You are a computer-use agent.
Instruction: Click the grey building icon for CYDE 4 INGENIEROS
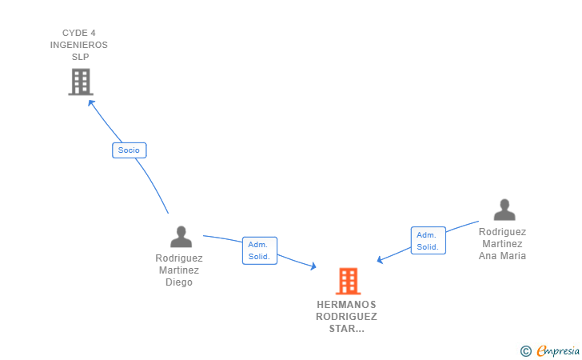tap(80, 82)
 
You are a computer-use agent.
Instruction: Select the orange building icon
tap(347, 281)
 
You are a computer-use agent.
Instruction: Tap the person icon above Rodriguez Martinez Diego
tap(181, 237)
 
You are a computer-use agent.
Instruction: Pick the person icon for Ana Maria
tap(504, 210)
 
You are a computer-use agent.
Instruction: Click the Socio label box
tap(129, 150)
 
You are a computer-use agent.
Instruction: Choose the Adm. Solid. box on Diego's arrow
tap(259, 250)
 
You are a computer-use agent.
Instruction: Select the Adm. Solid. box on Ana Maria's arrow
tap(428, 241)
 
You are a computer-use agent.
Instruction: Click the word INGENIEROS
tap(78, 45)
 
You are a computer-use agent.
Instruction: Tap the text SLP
tap(80, 57)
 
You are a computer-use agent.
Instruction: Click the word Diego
tap(179, 282)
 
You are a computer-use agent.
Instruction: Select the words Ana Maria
tap(502, 256)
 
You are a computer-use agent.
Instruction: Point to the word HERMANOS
tap(346, 305)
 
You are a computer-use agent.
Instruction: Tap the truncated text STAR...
tap(346, 329)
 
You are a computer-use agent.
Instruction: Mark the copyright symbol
tap(525, 350)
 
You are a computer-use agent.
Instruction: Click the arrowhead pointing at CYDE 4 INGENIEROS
tap(90, 101)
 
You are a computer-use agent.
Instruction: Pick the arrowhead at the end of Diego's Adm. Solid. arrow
tap(314, 267)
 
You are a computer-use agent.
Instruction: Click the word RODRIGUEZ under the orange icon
tap(346, 317)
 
